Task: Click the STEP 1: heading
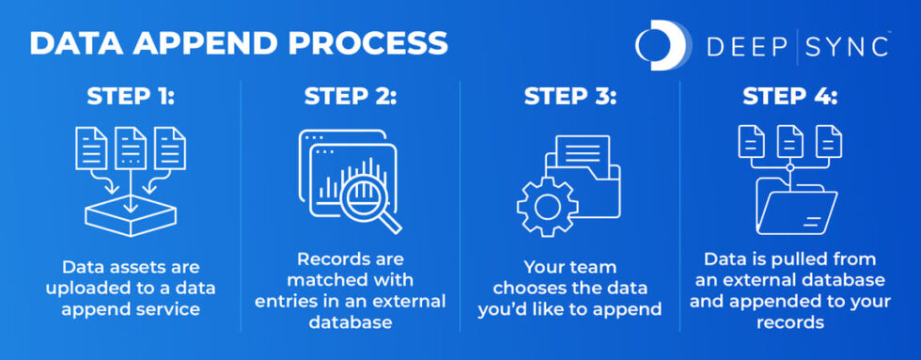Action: (131, 98)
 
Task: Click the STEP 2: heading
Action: (351, 98)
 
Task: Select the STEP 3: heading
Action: (570, 98)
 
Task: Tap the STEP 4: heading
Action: (789, 98)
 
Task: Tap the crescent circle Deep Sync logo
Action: (663, 45)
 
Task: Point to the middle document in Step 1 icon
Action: (131, 149)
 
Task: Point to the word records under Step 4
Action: (789, 321)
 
